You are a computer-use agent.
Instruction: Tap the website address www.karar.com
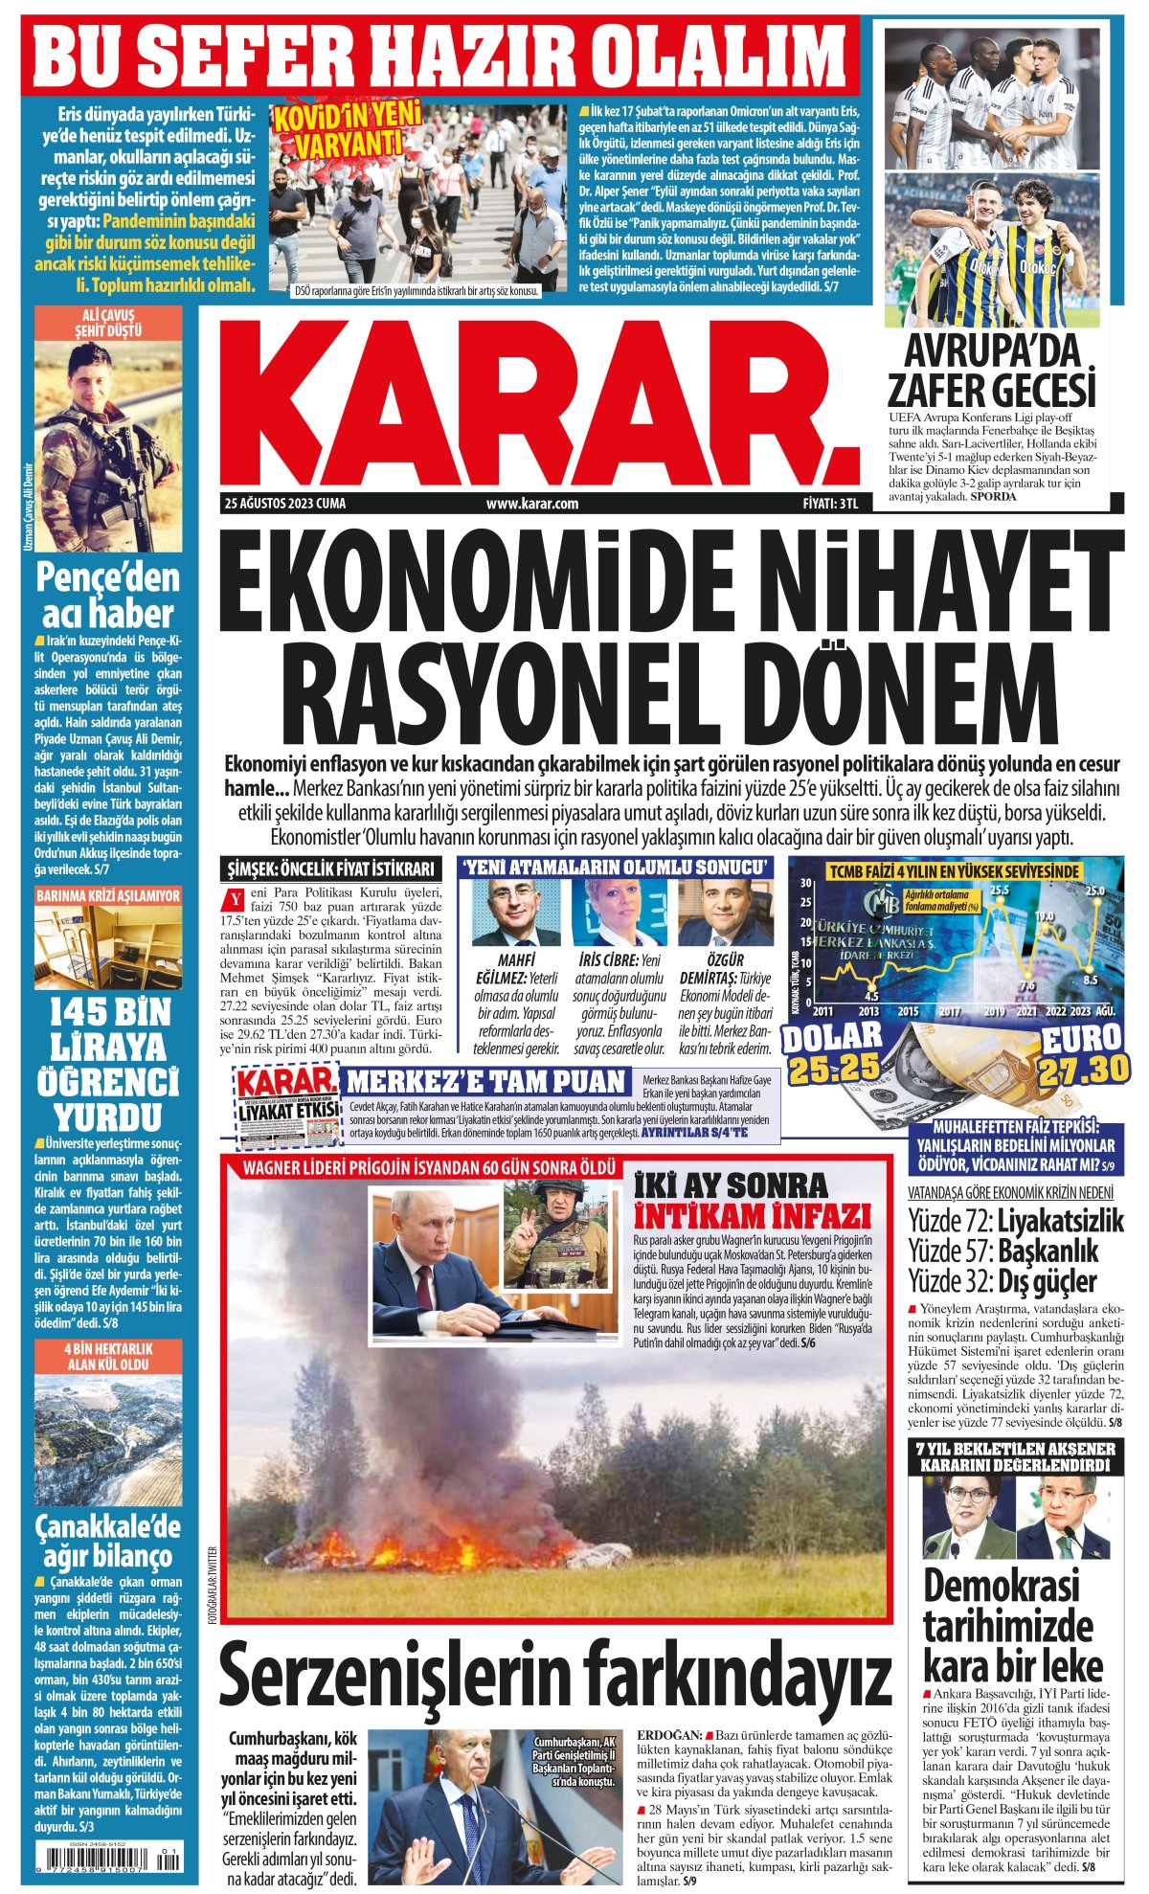point(532,504)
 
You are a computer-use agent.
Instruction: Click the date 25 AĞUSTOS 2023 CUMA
point(285,504)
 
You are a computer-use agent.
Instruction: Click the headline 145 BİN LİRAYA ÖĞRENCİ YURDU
point(107,1064)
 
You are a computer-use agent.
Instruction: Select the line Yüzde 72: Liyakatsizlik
point(1015,1222)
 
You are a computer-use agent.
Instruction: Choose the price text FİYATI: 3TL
point(830,504)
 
